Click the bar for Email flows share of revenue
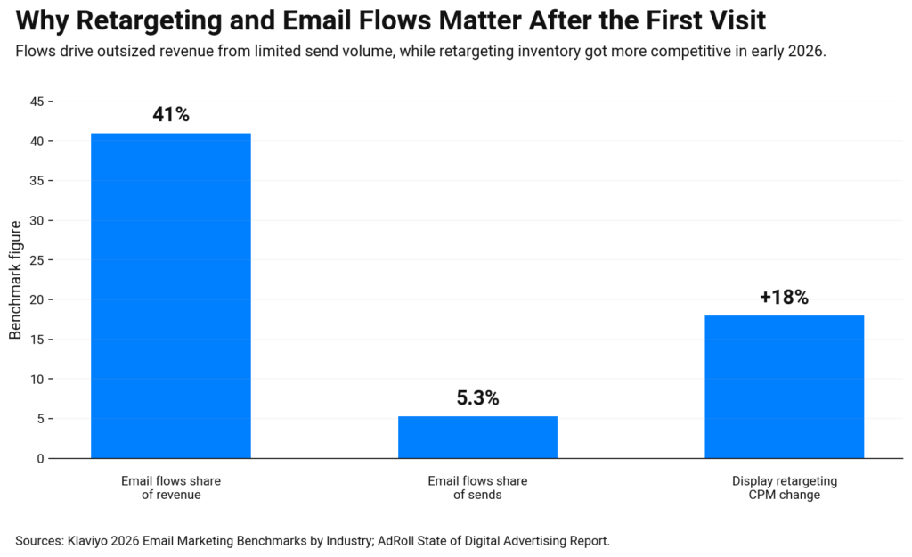(170, 296)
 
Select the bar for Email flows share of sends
(477, 438)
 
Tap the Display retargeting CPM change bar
(784, 387)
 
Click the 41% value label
(171, 115)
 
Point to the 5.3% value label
(477, 398)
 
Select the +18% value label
(784, 298)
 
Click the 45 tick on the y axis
(37, 102)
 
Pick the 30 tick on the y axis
(37, 220)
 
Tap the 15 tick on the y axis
(37, 340)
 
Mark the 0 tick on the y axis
(40, 458)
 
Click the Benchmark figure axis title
(15, 279)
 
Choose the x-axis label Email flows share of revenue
(171, 487)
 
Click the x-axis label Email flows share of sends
(477, 487)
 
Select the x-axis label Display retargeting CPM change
(784, 487)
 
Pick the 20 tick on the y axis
(37, 299)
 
